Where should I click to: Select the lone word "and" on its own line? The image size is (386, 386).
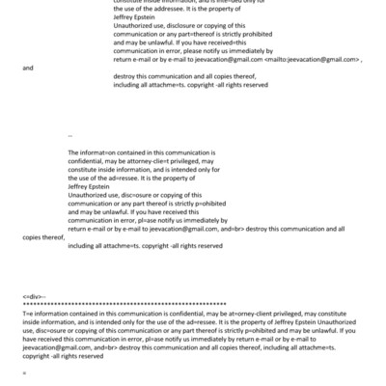pyautogui.click(x=27, y=68)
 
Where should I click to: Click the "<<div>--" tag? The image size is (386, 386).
pyautogui.click(x=34, y=292)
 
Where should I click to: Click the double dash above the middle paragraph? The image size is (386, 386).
pyautogui.click(x=71, y=136)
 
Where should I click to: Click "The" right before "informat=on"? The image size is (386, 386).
pyautogui.click(x=75, y=152)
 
